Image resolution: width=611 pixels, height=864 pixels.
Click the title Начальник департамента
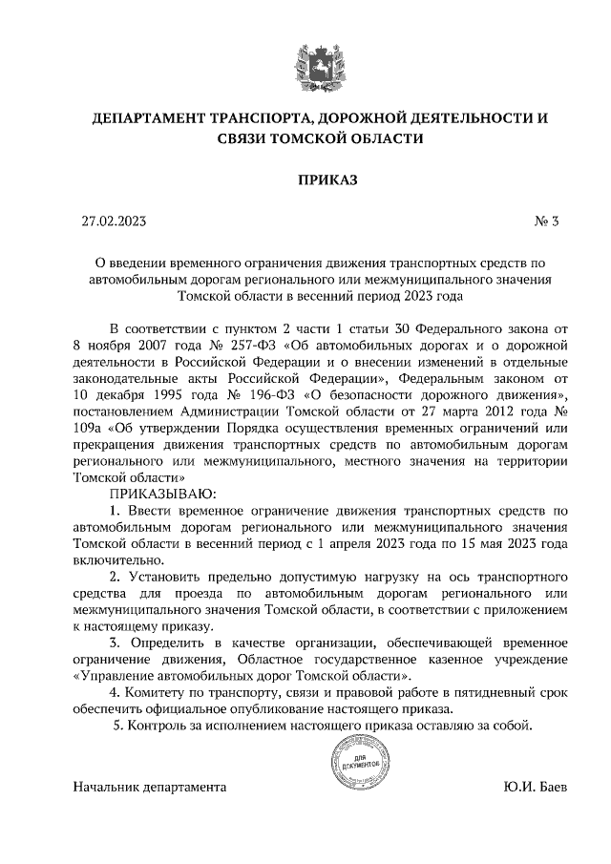(x=149, y=789)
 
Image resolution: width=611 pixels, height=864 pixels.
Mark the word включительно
(x=117, y=560)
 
